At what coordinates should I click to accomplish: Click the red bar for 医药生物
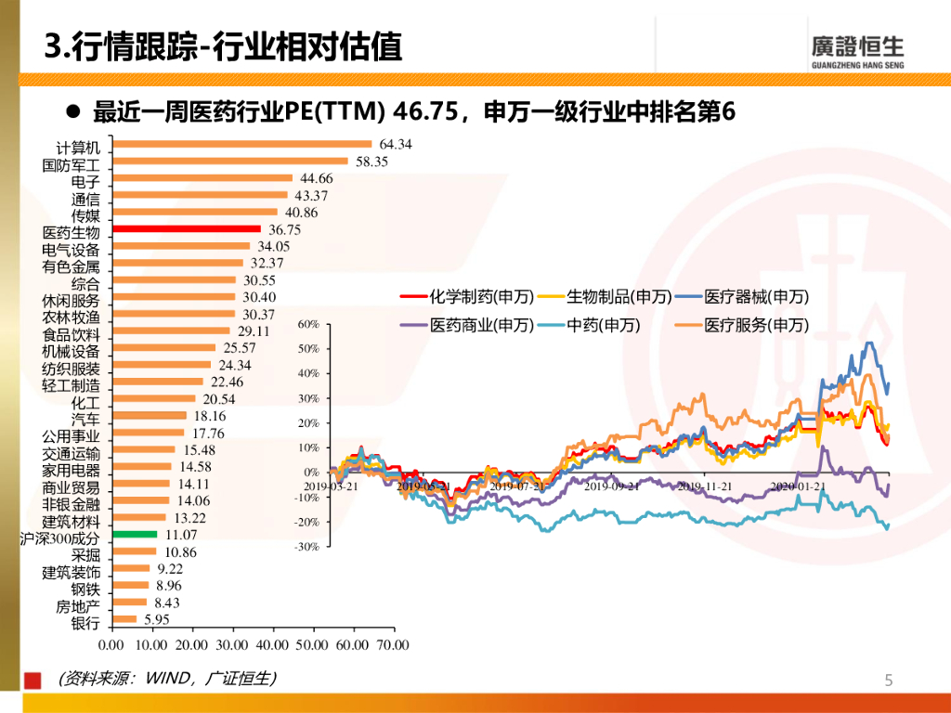pos(185,228)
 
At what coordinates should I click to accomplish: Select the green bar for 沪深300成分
pos(133,534)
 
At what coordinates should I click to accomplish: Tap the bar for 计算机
pos(241,144)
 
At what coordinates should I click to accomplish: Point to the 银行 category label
pos(85,624)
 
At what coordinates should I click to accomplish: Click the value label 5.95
pos(155,619)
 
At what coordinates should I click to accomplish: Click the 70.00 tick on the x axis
pos(393,644)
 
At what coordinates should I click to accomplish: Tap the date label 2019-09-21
pos(613,486)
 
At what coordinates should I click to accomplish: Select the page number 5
pos(889,681)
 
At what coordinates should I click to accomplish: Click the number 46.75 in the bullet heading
pos(426,112)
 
